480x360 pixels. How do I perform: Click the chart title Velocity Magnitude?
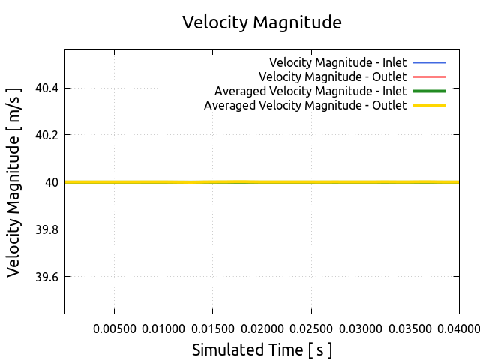[262, 22]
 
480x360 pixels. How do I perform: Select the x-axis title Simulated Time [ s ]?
[262, 349]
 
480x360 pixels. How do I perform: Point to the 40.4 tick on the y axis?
[48, 88]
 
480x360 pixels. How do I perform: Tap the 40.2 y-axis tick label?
[48, 135]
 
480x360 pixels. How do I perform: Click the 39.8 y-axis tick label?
[48, 229]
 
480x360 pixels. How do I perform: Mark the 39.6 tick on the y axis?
[48, 276]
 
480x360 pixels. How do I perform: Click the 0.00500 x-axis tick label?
[114, 328]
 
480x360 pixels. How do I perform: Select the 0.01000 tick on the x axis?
[163, 328]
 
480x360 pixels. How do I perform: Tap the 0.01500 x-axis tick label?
[213, 328]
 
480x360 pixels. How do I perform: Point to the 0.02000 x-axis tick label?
[262, 328]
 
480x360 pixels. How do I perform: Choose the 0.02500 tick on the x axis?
[311, 328]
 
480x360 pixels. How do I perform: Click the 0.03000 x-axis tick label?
[361, 328]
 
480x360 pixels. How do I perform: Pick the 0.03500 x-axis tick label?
[409, 328]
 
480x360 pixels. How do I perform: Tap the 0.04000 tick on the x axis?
[458, 328]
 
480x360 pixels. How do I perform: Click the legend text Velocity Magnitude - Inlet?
[337, 61]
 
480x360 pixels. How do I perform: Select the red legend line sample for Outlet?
[429, 76]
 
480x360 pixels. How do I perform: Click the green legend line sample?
[429, 91]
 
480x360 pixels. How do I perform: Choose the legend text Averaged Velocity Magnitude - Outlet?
[305, 106]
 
